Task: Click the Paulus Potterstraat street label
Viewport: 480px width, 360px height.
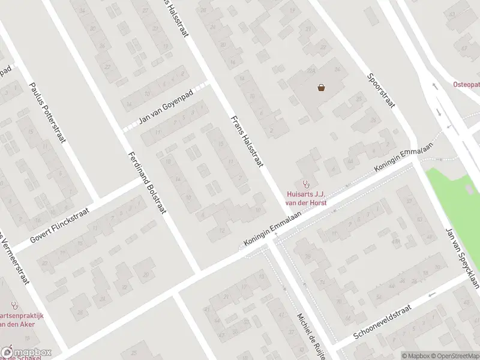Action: [x=47, y=113]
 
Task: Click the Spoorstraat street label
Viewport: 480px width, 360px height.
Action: [x=381, y=91]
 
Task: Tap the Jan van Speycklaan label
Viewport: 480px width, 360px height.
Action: [x=462, y=258]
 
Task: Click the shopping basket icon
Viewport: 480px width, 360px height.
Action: [x=322, y=88]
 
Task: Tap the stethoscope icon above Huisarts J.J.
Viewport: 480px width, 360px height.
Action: [x=307, y=184]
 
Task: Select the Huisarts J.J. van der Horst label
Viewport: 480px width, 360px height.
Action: [x=307, y=198]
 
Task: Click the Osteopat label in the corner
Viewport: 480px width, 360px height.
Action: [x=467, y=85]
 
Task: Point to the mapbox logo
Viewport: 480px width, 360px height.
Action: [x=26, y=353]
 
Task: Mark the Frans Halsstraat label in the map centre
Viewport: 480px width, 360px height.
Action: [x=247, y=142]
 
